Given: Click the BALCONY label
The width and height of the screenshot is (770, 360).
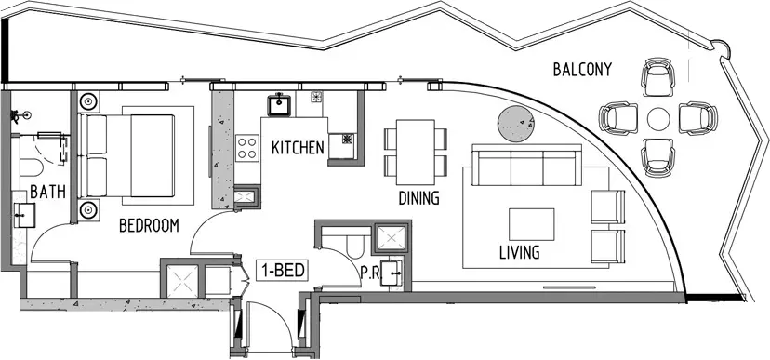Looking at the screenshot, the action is [582, 69].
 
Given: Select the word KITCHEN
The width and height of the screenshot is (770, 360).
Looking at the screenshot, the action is [298, 148].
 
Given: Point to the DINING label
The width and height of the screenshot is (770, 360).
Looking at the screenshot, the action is [418, 198].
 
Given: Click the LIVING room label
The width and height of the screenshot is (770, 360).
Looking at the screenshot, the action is [520, 252].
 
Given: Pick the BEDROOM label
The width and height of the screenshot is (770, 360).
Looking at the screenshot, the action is [150, 225].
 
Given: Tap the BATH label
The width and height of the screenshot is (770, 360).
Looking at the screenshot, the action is [47, 192].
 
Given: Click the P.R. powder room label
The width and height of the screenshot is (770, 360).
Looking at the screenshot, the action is [370, 273].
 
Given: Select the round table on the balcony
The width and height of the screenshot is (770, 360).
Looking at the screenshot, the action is [658, 119].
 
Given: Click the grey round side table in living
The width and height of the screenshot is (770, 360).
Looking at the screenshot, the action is [516, 125].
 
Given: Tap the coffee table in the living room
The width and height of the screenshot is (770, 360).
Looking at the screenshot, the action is [531, 224].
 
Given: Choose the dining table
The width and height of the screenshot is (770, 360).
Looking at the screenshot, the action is [416, 152].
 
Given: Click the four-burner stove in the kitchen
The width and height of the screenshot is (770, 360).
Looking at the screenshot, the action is [247, 148].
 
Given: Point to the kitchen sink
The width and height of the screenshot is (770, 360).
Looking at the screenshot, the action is [279, 105].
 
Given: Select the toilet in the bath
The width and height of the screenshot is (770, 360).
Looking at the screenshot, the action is [31, 167].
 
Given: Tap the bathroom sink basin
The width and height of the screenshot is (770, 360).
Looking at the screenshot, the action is [23, 216].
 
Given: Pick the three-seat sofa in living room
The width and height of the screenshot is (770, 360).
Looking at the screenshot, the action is [526, 165].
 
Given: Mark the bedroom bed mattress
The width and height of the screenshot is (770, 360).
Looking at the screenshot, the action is [153, 155].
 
